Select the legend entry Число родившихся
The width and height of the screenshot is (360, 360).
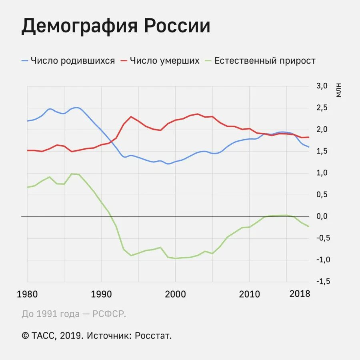[73, 61]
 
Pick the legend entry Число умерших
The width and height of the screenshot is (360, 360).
[165, 61]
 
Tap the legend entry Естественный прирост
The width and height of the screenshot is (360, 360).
[265, 61]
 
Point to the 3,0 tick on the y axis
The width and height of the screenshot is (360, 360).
[322, 86]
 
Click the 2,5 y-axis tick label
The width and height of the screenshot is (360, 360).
[322, 108]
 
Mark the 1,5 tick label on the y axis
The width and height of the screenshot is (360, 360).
[322, 151]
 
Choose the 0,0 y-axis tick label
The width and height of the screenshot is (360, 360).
[322, 216]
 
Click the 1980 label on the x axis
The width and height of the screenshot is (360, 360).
[27, 294]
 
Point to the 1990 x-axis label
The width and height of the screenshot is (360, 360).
[101, 294]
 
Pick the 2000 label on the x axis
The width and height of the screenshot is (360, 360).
[175, 294]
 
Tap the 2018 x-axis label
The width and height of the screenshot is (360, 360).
[300, 294]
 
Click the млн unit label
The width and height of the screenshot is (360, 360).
[339, 90]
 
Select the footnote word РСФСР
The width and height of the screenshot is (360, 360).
[109, 314]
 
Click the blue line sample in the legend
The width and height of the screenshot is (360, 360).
[25, 61]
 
